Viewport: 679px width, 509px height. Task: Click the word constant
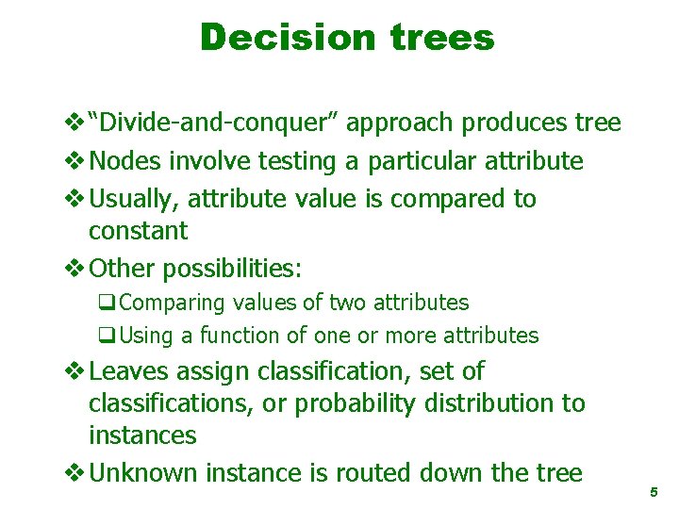[138, 230]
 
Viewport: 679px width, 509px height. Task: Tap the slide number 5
[653, 492]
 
